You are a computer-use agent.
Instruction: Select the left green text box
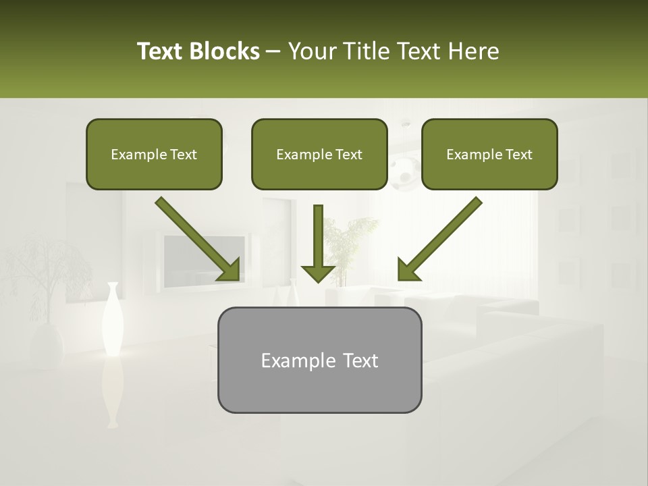(154, 154)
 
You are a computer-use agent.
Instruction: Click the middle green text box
(319, 154)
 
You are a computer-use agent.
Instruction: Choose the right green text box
(489, 154)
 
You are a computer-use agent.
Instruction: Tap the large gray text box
(319, 360)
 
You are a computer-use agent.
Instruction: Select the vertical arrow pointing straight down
(318, 243)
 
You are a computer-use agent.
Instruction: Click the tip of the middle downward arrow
(318, 279)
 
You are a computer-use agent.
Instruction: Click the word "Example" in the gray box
(293, 360)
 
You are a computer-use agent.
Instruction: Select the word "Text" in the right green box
(518, 155)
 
